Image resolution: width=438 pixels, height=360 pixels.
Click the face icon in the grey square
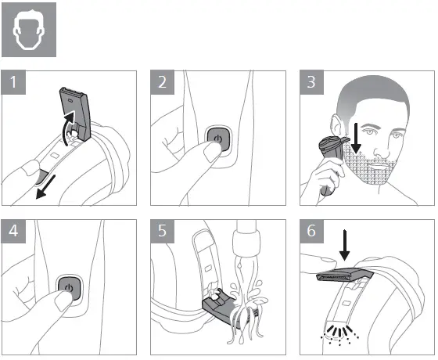coord(29,31)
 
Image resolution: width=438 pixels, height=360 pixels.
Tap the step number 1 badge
coord(13,82)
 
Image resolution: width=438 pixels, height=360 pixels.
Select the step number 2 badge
coord(163,82)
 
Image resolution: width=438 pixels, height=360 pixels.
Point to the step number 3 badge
coord(311,82)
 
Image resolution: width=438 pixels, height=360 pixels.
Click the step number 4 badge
coord(13,231)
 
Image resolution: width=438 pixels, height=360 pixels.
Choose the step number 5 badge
coord(163,231)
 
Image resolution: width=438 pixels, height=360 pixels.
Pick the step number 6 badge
coord(311,231)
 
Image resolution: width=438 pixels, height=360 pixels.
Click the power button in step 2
coord(219,139)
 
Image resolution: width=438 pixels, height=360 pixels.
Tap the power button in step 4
coord(70,288)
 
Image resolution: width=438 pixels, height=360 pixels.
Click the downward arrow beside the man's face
coord(356,138)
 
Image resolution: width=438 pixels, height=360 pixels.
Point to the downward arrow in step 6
coord(345,245)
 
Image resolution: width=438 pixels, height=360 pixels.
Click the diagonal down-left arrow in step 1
coord(46,187)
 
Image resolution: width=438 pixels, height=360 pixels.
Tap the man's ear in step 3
coord(336,125)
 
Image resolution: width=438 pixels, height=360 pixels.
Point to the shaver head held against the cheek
coord(332,148)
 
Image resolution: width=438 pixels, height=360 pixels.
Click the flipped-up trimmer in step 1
coord(75,113)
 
